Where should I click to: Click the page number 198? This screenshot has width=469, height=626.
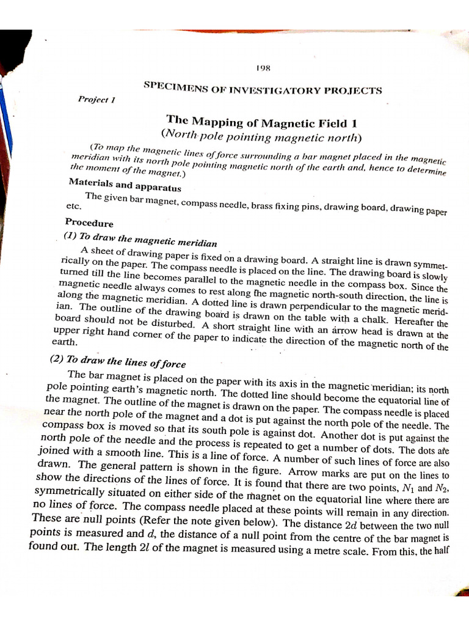point(264,70)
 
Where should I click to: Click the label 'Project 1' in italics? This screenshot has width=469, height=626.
point(93,99)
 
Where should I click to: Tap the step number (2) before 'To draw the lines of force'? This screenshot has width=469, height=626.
point(59,359)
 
